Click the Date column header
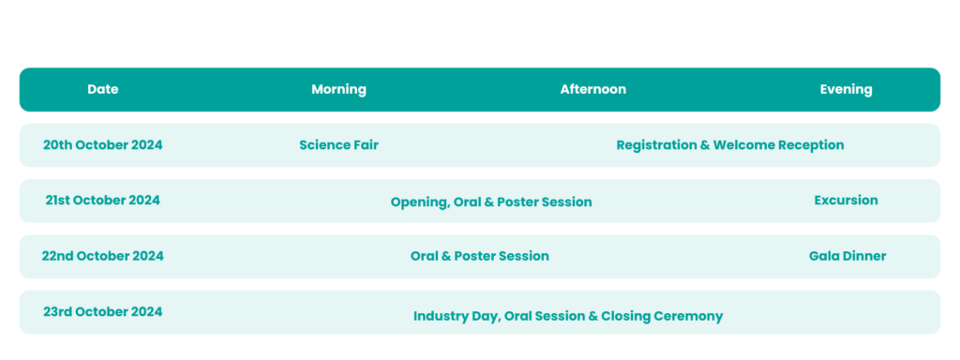click(103, 89)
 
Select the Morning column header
click(338, 89)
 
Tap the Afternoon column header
click(593, 89)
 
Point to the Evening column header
click(846, 89)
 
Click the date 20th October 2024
click(102, 144)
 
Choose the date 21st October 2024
click(102, 200)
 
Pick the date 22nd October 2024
click(102, 256)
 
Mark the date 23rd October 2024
click(102, 311)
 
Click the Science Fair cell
click(338, 144)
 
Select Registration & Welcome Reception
click(730, 144)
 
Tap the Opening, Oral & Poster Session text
click(491, 202)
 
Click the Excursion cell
click(846, 200)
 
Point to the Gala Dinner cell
click(847, 256)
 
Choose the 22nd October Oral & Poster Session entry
click(480, 256)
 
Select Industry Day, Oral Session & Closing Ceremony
click(568, 316)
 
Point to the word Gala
click(824, 256)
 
